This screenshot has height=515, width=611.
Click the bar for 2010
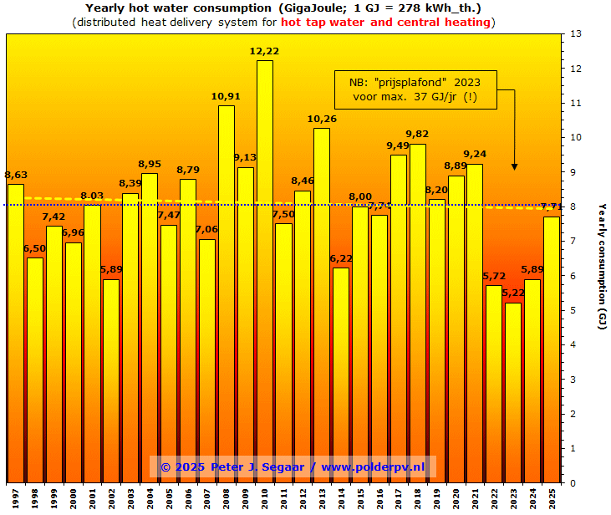click(x=264, y=272)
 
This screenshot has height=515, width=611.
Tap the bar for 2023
click(x=512, y=393)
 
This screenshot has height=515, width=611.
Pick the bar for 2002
click(x=111, y=381)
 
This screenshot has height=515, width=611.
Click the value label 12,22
click(x=264, y=52)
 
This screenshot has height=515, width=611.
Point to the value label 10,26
click(x=322, y=120)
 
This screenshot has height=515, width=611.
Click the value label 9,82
click(x=417, y=135)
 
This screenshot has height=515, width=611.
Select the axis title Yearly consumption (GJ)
click(x=601, y=266)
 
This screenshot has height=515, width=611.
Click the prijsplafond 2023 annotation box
click(x=415, y=89)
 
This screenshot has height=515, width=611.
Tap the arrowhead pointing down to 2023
click(x=514, y=166)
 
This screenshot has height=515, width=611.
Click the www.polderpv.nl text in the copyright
click(x=373, y=467)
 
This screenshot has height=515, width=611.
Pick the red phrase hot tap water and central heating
click(x=385, y=22)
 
